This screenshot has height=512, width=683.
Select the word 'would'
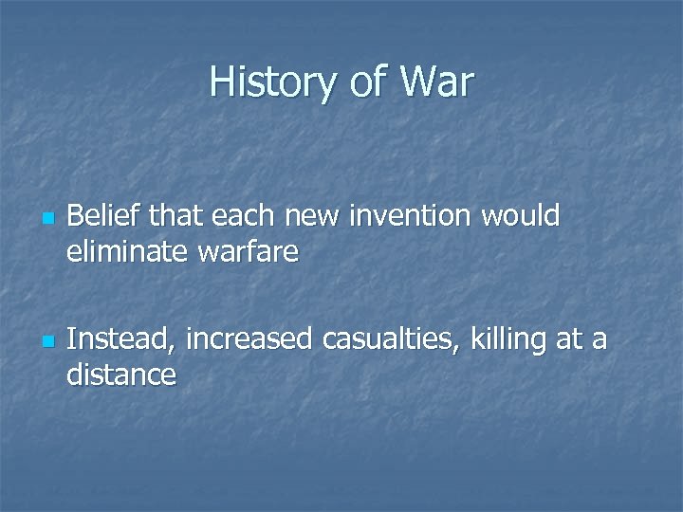click(x=520, y=217)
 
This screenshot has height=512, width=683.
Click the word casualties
click(x=392, y=338)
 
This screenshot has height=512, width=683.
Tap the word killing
click(x=509, y=338)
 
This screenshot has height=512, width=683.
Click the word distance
click(x=121, y=375)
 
